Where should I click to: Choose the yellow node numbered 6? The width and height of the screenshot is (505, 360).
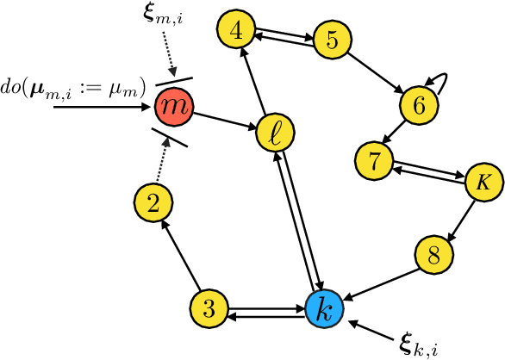(420, 106)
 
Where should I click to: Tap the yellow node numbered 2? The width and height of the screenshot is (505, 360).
(154, 203)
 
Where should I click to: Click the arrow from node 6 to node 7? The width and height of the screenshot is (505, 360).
(397, 132)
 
